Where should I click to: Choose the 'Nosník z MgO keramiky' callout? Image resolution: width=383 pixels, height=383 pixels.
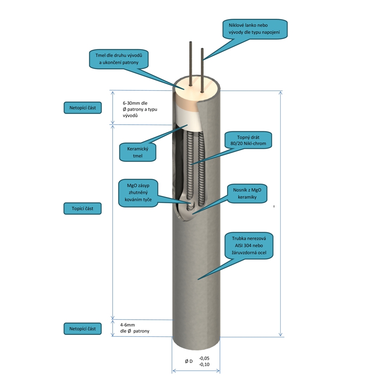[247, 194]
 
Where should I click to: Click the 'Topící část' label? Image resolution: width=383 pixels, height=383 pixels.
[82, 209]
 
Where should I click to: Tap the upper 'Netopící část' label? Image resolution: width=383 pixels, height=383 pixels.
[82, 107]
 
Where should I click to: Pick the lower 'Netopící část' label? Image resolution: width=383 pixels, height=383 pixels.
[82, 329]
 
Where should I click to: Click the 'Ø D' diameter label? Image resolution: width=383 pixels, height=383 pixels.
[189, 361]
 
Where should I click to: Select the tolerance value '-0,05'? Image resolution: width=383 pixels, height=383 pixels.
[204, 358]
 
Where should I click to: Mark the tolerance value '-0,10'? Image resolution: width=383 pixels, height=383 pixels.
[204, 365]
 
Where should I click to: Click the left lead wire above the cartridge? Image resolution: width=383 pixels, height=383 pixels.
[190, 63]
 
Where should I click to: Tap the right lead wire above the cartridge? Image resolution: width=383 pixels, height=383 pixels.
[202, 68]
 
